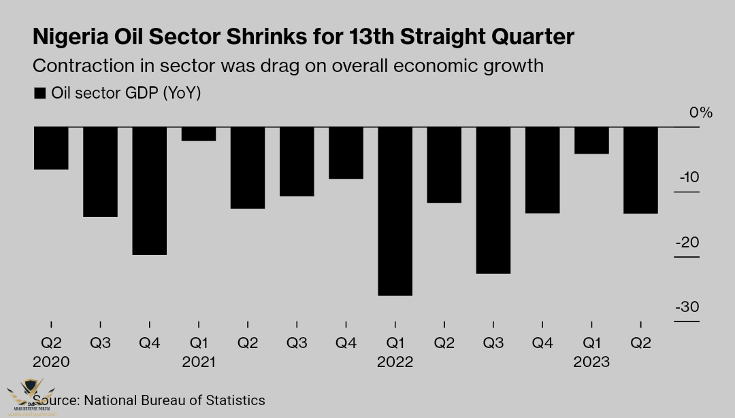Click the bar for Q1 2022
(x=395, y=211)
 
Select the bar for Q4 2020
(x=149, y=190)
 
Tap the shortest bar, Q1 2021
(x=199, y=134)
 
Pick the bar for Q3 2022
(x=493, y=200)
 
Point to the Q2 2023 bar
(x=640, y=170)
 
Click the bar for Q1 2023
(x=591, y=140)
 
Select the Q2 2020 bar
(x=51, y=147)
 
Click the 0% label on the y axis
(x=700, y=113)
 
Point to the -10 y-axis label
(x=689, y=177)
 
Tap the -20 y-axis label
(x=687, y=243)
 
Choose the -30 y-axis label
(x=687, y=307)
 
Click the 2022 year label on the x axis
(x=395, y=362)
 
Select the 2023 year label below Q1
(x=591, y=362)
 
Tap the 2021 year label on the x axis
(x=199, y=362)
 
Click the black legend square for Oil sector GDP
(x=40, y=93)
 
